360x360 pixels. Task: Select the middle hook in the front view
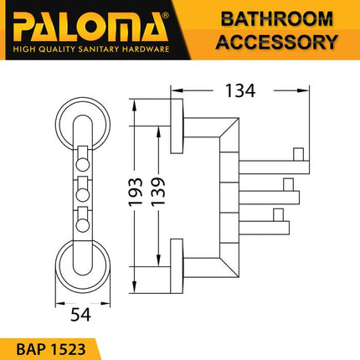[x=85, y=188]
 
